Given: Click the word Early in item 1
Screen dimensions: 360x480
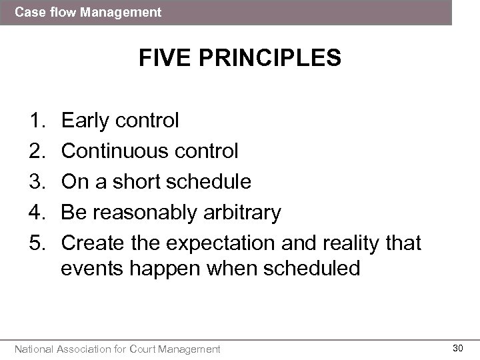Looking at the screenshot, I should (85, 121).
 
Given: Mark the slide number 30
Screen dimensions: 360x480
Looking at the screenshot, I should (458, 347).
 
